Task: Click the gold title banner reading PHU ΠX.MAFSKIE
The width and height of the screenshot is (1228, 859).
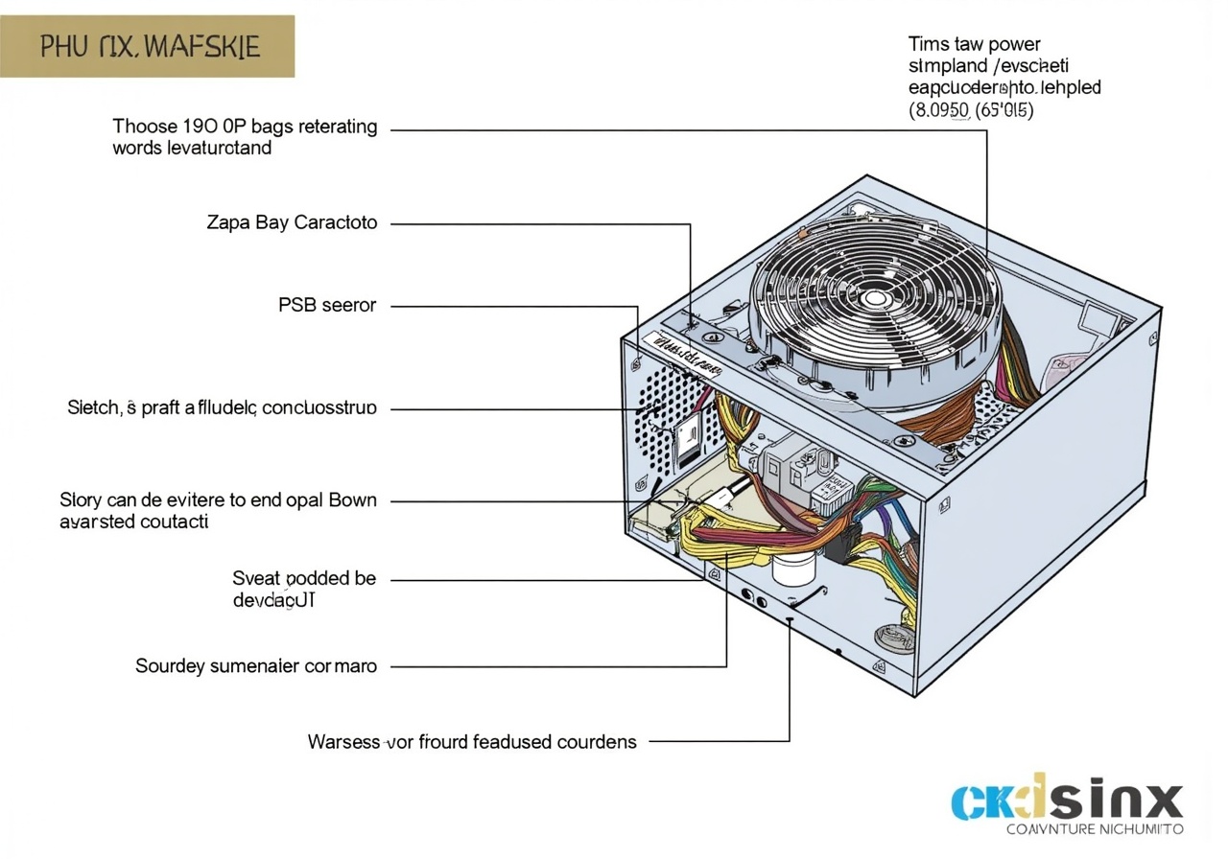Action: click(x=148, y=46)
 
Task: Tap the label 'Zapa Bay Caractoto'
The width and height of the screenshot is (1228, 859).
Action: click(x=292, y=222)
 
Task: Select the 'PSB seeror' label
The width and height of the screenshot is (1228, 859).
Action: click(x=327, y=306)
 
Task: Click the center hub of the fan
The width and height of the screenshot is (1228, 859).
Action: click(x=875, y=298)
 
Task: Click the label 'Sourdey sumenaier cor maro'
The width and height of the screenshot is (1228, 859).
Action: click(x=256, y=665)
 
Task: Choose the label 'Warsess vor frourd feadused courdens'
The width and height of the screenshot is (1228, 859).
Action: click(x=472, y=741)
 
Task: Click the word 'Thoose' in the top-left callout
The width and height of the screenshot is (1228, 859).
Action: click(x=145, y=127)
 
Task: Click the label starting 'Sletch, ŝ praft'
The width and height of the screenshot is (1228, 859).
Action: click(x=222, y=408)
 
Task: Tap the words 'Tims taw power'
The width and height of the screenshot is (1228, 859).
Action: click(x=974, y=44)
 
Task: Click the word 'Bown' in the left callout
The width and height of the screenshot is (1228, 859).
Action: click(x=352, y=500)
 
